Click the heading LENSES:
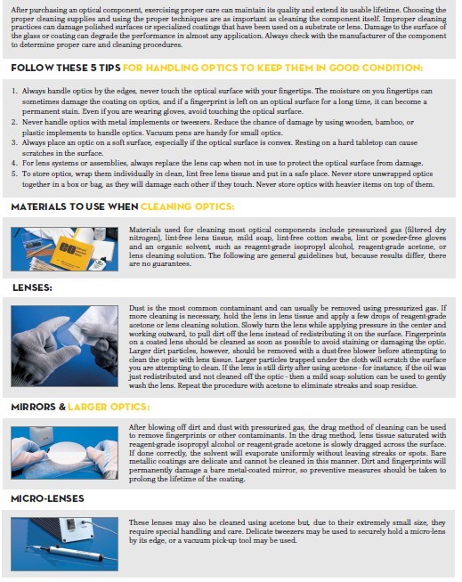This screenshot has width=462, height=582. click(32, 287)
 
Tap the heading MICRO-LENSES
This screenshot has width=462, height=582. click(47, 498)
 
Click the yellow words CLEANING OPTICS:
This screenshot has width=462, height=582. click(188, 206)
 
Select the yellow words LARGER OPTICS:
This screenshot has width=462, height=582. click(109, 407)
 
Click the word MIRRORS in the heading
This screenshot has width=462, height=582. click(33, 407)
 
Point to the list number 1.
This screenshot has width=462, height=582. click(14, 91)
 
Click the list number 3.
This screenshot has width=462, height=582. click(14, 142)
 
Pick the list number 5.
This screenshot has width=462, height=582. click(14, 174)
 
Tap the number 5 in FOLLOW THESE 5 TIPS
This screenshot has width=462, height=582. click(93, 68)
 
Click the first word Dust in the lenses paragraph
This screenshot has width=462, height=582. click(136, 308)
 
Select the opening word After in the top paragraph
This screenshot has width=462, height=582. click(20, 10)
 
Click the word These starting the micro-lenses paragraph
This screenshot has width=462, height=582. click(139, 522)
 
